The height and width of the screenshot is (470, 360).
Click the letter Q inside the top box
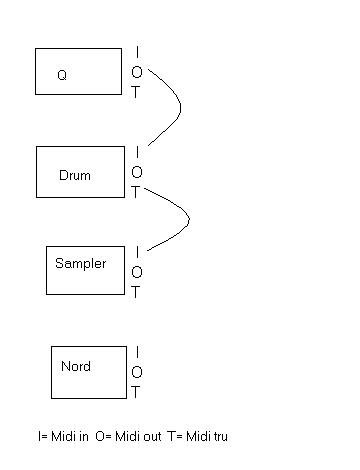tap(62, 75)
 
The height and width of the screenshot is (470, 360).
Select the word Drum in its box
tap(75, 175)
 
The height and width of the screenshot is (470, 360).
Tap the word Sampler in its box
tap(81, 264)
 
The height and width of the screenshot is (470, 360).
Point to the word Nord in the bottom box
tap(76, 366)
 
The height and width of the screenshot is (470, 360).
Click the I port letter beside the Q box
tap(137, 52)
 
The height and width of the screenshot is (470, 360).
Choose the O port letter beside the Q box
tap(137, 72)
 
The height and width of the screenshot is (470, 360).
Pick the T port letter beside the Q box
tap(135, 92)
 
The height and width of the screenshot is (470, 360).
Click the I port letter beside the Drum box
tap(137, 152)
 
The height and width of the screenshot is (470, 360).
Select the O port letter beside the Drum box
tap(137, 172)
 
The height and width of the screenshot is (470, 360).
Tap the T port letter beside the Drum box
tap(135, 192)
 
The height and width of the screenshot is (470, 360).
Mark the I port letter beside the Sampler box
tap(137, 252)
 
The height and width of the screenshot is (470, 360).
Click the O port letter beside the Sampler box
tap(137, 272)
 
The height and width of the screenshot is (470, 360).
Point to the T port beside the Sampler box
tap(135, 292)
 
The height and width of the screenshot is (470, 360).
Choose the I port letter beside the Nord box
tap(137, 352)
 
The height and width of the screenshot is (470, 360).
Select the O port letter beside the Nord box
tap(137, 372)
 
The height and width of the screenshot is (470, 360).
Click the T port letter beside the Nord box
tap(135, 392)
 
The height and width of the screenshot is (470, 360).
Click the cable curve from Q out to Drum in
tap(180, 107)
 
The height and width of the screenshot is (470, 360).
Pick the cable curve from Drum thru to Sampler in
tap(189, 220)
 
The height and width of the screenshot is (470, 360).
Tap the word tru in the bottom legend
tap(218, 436)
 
